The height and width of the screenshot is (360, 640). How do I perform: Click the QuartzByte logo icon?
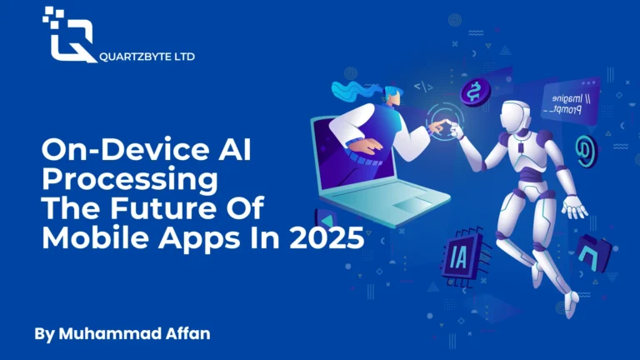69,35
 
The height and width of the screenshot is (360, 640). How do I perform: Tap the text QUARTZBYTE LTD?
147,57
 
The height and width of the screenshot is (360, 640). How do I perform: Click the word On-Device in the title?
125,149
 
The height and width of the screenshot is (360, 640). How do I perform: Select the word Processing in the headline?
130,179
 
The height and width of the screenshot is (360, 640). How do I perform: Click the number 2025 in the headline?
327,237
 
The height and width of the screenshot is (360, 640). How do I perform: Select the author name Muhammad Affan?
134,333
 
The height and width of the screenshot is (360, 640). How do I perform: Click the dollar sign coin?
475,92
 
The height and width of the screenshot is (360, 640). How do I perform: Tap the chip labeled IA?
464,257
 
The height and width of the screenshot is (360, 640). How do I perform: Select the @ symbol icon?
586,151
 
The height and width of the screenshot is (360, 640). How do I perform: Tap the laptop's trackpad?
412,203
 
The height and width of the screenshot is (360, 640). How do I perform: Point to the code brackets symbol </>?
423,87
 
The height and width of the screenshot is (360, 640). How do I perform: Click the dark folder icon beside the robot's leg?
594,253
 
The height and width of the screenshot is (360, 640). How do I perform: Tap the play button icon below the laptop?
326,220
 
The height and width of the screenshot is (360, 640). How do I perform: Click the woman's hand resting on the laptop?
364,146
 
